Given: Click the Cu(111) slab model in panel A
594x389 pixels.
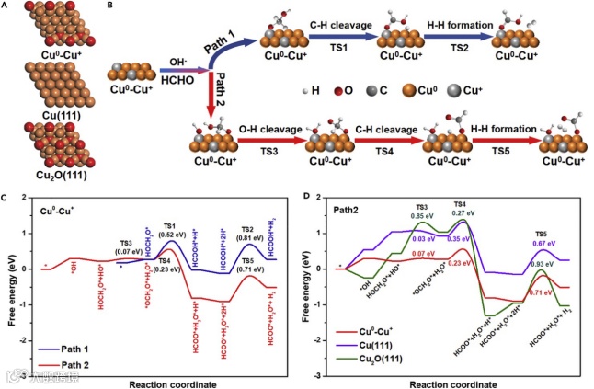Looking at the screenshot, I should click(51, 87).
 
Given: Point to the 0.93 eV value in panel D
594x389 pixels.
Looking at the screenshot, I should click(531, 265).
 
